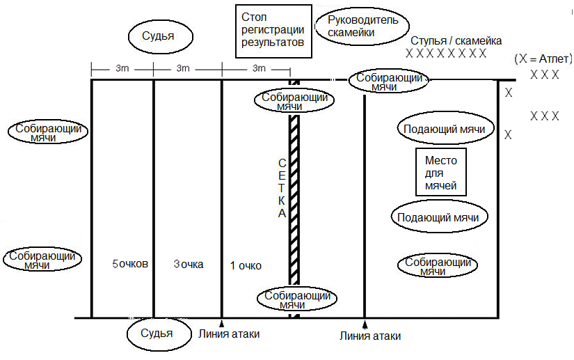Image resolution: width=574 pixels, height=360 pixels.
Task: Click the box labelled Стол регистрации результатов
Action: (x=273, y=31)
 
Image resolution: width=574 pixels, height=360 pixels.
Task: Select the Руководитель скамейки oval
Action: (x=362, y=26)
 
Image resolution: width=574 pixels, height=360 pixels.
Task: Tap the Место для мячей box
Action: (x=440, y=172)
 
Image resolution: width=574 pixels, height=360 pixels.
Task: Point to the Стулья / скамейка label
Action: (x=456, y=40)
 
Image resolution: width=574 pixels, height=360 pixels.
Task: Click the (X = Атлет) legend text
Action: (x=543, y=58)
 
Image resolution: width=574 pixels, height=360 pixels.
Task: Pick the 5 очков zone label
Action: (x=130, y=264)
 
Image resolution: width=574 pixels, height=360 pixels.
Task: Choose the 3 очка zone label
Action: (x=189, y=264)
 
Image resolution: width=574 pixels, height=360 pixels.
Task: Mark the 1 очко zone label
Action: (x=246, y=265)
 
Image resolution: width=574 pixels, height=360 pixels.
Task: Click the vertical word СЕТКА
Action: (x=282, y=188)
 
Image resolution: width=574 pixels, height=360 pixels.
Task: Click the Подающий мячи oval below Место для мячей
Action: (x=439, y=217)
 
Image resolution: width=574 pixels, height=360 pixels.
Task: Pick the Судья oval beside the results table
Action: (x=160, y=36)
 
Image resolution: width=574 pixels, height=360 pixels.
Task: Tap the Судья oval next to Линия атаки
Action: (x=159, y=334)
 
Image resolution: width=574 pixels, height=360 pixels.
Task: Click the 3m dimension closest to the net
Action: (x=259, y=68)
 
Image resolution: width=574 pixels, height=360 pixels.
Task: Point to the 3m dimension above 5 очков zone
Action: (x=122, y=68)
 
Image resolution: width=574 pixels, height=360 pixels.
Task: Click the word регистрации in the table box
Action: (x=273, y=30)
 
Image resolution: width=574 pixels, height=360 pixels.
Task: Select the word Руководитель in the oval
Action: (x=362, y=19)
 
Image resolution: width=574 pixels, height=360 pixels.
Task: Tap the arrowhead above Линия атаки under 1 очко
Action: (x=221, y=323)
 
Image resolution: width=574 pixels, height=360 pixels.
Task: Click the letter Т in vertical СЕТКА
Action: (x=281, y=188)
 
